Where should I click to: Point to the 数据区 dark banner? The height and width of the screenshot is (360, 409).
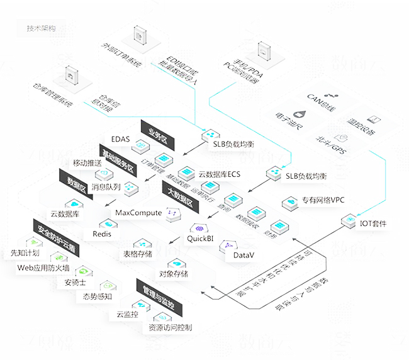point(76,184)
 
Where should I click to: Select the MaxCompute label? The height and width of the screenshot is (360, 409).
point(138,213)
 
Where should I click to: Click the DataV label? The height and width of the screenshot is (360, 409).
point(244,256)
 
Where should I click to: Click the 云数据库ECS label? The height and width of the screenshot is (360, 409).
point(220,174)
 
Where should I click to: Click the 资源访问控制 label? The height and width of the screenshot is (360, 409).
point(171,327)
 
